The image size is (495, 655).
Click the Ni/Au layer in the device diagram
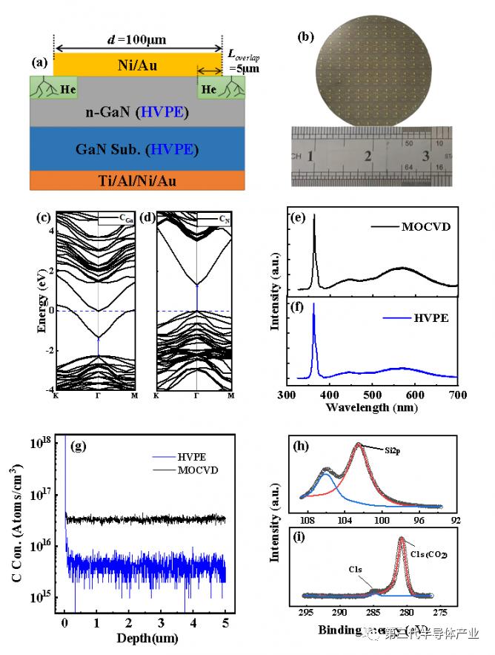pyautogui.click(x=138, y=64)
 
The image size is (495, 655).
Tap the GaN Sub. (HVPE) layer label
pyautogui.click(x=138, y=148)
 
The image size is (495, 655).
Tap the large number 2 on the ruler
pyautogui.click(x=368, y=157)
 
